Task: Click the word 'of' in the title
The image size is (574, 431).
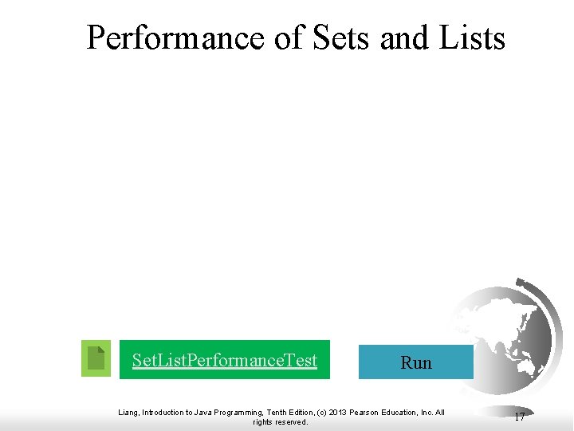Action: [x=289, y=38]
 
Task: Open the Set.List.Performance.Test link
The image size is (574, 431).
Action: [x=225, y=360]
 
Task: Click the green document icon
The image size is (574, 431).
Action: [x=96, y=358]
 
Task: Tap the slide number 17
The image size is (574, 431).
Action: [x=519, y=417]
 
